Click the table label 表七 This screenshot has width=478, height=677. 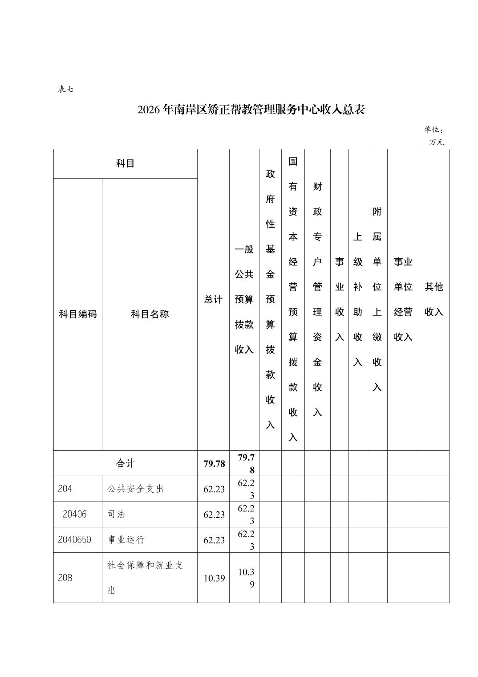pos(65,89)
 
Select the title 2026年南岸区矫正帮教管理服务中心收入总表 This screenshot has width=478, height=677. pos(251,110)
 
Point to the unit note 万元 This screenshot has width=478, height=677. pos(437,143)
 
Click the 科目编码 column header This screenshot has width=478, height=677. pos(78,314)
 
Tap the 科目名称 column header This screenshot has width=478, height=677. pos(150,314)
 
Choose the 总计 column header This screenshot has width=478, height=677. pos(213,299)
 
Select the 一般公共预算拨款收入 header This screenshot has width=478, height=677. pos(244,299)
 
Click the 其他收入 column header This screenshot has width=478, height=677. pos(433,299)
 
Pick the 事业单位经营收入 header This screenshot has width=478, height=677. pos(403,299)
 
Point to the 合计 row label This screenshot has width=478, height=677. pos(125,463)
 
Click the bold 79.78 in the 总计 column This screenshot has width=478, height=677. pos(214,464)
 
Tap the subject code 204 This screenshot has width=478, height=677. pos(65,489)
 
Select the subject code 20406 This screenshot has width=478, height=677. pos(75,514)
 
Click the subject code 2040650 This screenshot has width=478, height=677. pos(74,539)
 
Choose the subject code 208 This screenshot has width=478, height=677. pos(65,578)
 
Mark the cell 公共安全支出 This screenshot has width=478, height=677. pos(135,489)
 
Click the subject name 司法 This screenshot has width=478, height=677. pos(116,514)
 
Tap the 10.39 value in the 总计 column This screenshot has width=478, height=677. pos(214,578)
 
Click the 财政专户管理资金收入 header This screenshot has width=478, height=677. pos(317,299)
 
